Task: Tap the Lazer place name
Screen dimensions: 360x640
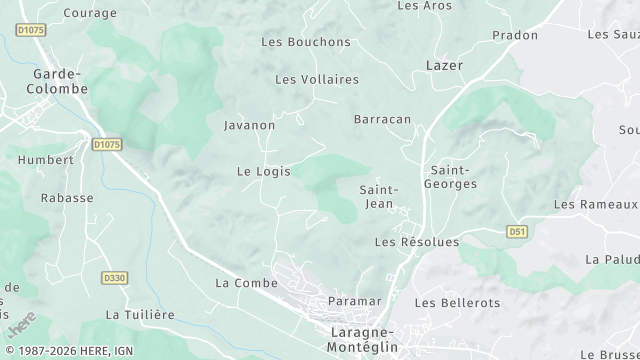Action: click(x=444, y=65)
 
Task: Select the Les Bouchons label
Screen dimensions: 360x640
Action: click(x=306, y=42)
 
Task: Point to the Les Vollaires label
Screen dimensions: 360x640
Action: click(x=316, y=79)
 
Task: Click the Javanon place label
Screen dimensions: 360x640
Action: click(x=249, y=126)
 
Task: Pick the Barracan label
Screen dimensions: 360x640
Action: click(x=382, y=119)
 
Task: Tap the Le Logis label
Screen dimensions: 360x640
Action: click(x=263, y=172)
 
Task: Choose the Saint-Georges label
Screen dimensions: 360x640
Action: click(x=453, y=177)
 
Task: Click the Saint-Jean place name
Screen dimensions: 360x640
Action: click(x=378, y=197)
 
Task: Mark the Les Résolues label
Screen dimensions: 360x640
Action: click(x=416, y=242)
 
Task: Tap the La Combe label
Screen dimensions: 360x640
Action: click(x=239, y=283)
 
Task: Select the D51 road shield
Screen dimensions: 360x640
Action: click(x=516, y=232)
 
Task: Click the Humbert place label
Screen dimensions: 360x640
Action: click(x=46, y=160)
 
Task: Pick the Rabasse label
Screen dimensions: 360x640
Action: click(x=67, y=198)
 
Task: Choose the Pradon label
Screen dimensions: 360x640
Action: click(x=515, y=35)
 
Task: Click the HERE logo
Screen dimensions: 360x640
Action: click(x=20, y=325)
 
